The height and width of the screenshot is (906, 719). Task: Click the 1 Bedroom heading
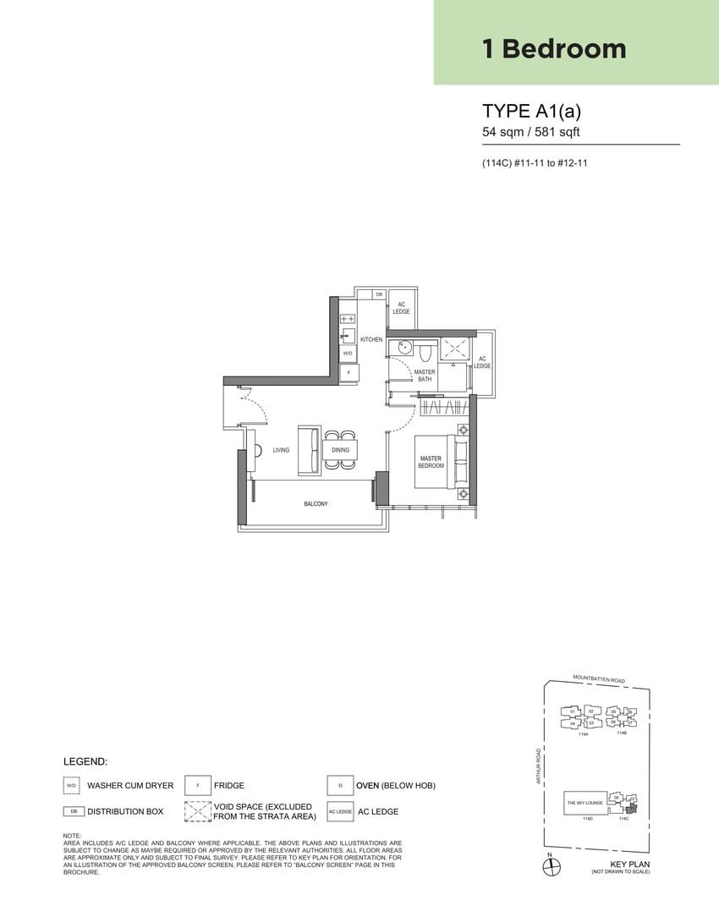[554, 48]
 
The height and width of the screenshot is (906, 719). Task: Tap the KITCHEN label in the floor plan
[371, 339]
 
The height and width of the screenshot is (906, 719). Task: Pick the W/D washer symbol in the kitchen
[348, 353]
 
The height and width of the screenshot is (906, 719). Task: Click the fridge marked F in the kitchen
[348, 372]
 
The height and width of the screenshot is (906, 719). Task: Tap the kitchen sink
[348, 334]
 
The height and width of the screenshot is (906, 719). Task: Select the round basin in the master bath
[404, 346]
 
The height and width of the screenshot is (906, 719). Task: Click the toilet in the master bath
[425, 349]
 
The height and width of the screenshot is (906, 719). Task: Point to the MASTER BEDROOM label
[431, 462]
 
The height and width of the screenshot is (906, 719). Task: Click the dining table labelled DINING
[340, 450]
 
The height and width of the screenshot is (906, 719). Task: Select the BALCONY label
[316, 503]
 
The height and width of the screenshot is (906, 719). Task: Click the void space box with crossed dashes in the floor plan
[454, 349]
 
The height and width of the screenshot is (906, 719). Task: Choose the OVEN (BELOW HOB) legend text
[395, 785]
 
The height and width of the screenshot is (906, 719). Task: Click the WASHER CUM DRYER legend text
[130, 785]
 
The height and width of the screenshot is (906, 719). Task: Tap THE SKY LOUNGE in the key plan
[584, 801]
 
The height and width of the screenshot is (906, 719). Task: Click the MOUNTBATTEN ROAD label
[598, 678]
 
